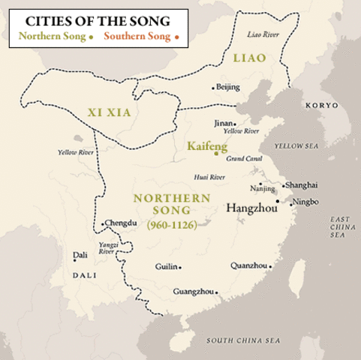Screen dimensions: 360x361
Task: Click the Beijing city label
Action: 229,87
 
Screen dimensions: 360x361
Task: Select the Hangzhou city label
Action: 251,205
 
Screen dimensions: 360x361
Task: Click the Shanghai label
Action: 301,184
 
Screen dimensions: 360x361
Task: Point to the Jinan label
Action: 221,123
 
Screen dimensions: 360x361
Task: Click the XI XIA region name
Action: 103,112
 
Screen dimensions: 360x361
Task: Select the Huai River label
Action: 209,177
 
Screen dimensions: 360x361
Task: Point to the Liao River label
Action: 262,33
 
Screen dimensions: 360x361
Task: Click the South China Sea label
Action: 245,341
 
